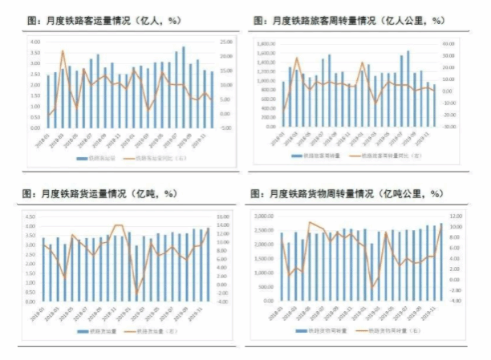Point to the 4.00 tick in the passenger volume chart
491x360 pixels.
pyautogui.click(x=35, y=41)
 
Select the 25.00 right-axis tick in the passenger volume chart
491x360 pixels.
pyautogui.click(x=227, y=41)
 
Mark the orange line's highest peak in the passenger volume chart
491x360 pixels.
pyautogui.click(x=63, y=51)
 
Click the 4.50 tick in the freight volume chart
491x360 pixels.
pyautogui.click(x=34, y=216)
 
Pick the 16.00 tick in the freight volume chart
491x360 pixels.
pyautogui.click(x=225, y=216)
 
